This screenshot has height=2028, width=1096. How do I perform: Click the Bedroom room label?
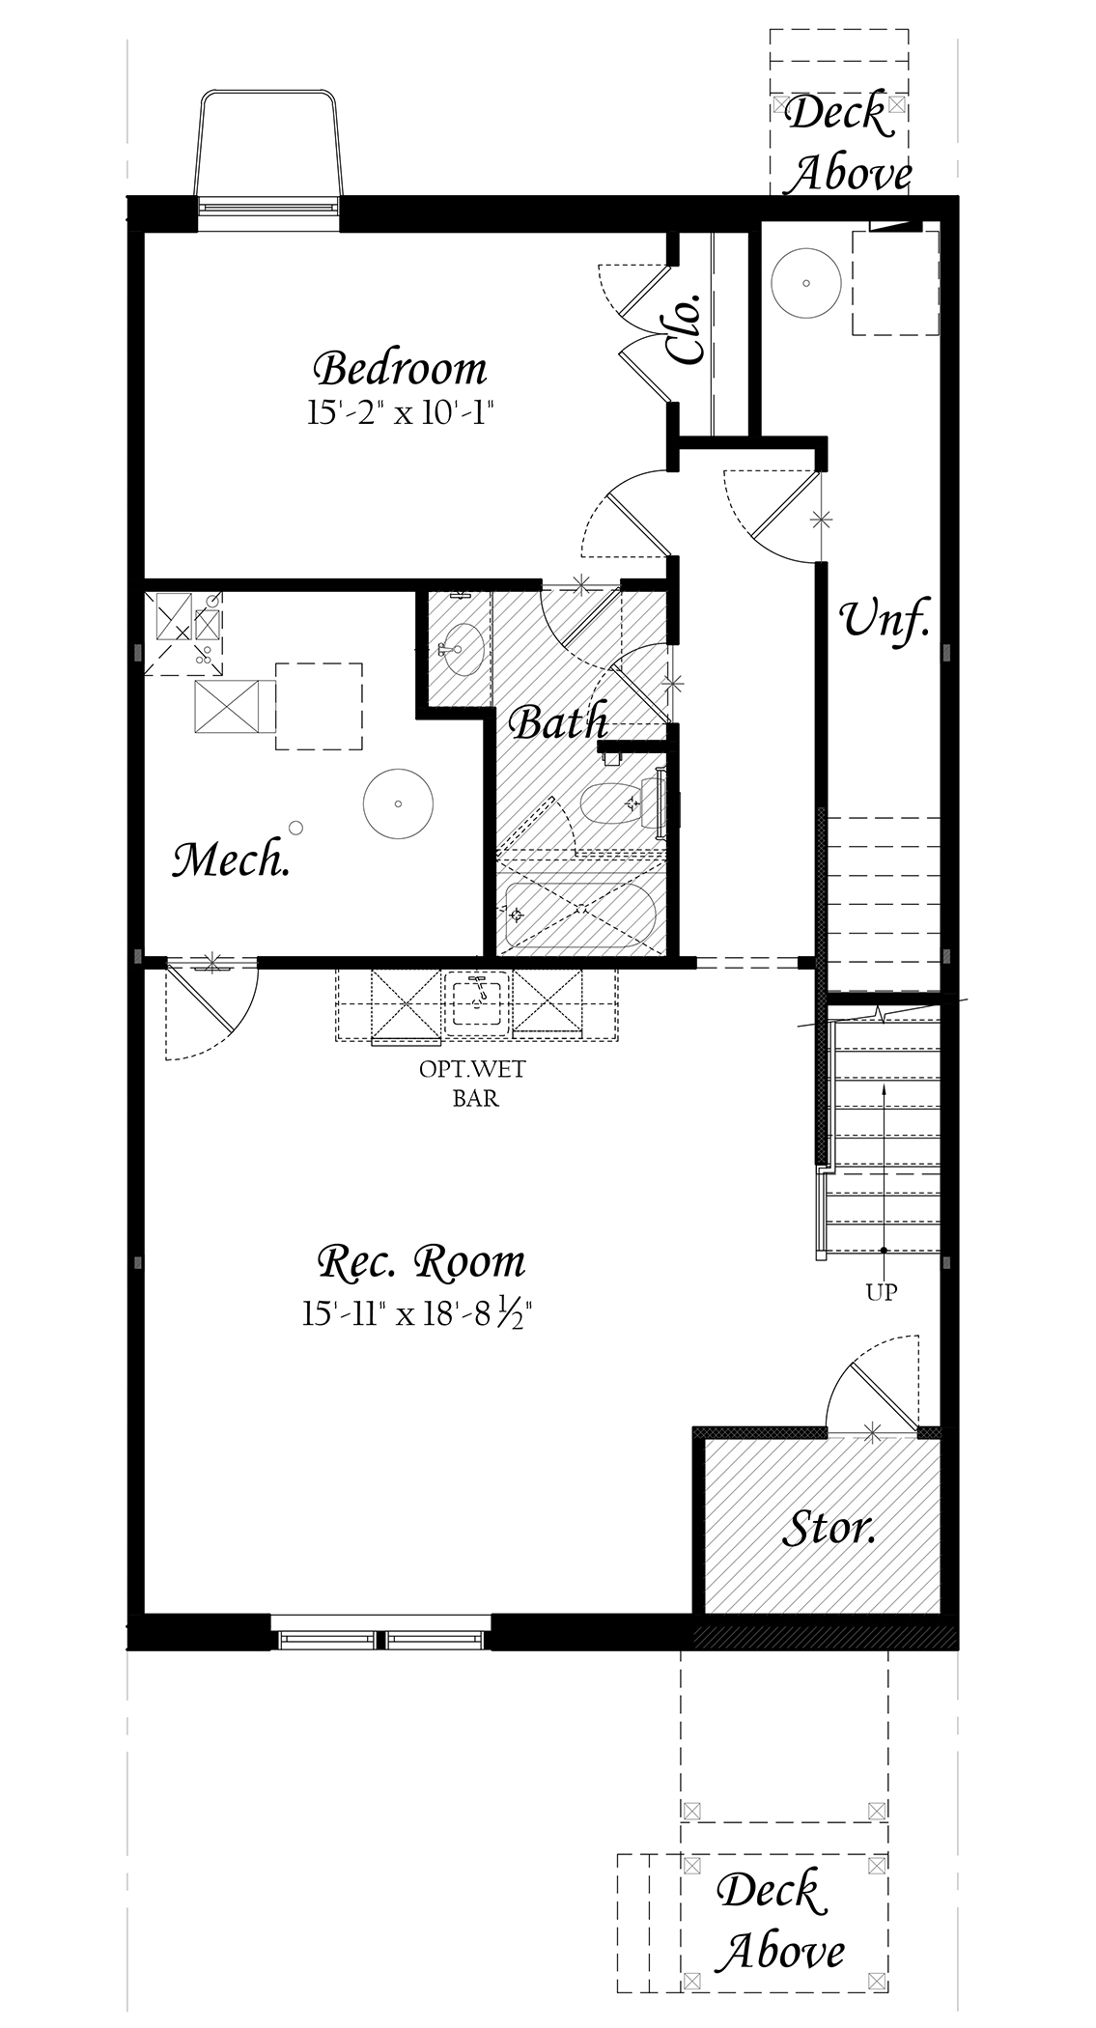point(401,368)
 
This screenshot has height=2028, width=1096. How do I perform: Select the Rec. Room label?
point(421,1262)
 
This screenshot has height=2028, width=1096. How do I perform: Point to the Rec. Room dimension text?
point(418,1314)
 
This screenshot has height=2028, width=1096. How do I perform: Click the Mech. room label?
point(232,859)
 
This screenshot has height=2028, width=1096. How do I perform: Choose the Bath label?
point(558,722)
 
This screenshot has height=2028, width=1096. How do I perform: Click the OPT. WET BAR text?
point(474,1084)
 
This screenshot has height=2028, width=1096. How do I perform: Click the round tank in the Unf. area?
point(807,283)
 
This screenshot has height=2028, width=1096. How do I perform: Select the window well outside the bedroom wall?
point(268,147)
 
